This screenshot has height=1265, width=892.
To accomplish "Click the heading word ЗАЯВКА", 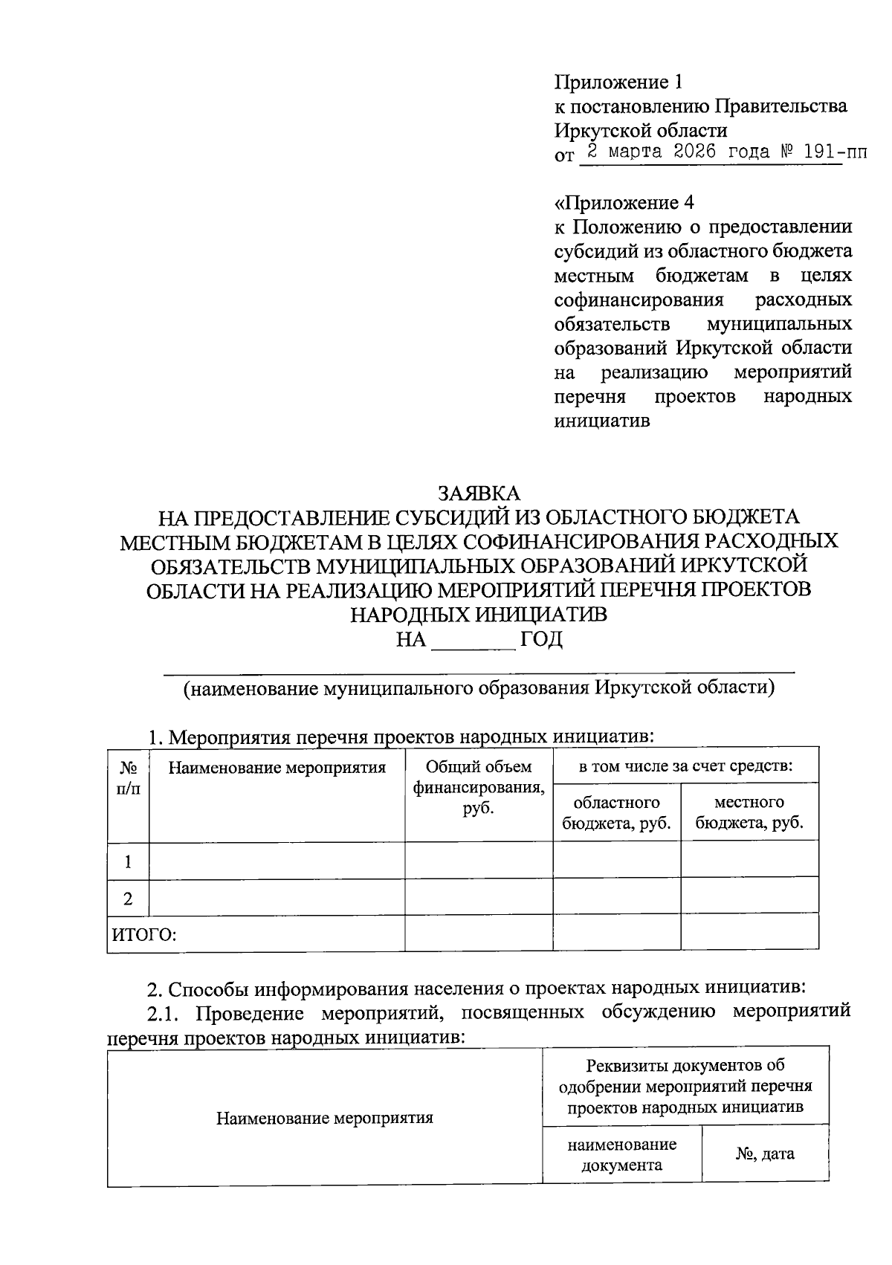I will (x=479, y=494).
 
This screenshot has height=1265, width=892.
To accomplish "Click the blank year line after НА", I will (x=474, y=641).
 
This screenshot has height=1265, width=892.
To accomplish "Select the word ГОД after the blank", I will (x=541, y=639).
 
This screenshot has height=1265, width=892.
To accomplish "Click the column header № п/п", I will (x=128, y=777).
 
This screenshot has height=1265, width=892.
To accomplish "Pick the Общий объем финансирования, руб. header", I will (x=478, y=787).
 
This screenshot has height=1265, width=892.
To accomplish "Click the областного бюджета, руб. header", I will (x=616, y=812).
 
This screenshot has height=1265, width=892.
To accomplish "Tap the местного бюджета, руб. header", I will (x=749, y=812).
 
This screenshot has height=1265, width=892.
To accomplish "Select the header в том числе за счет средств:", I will (x=685, y=766).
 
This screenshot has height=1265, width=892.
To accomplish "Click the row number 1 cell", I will (x=128, y=861).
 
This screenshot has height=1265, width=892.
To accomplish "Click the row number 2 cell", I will (x=128, y=898).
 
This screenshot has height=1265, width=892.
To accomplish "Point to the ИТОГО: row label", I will (x=144, y=934).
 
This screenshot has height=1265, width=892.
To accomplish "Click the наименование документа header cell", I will (x=621, y=1154).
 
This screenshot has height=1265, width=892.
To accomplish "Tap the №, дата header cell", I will (x=765, y=1154).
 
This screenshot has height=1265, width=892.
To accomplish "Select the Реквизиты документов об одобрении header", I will (x=685, y=1086).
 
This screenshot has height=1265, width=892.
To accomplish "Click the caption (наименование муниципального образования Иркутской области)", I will (x=479, y=687).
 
